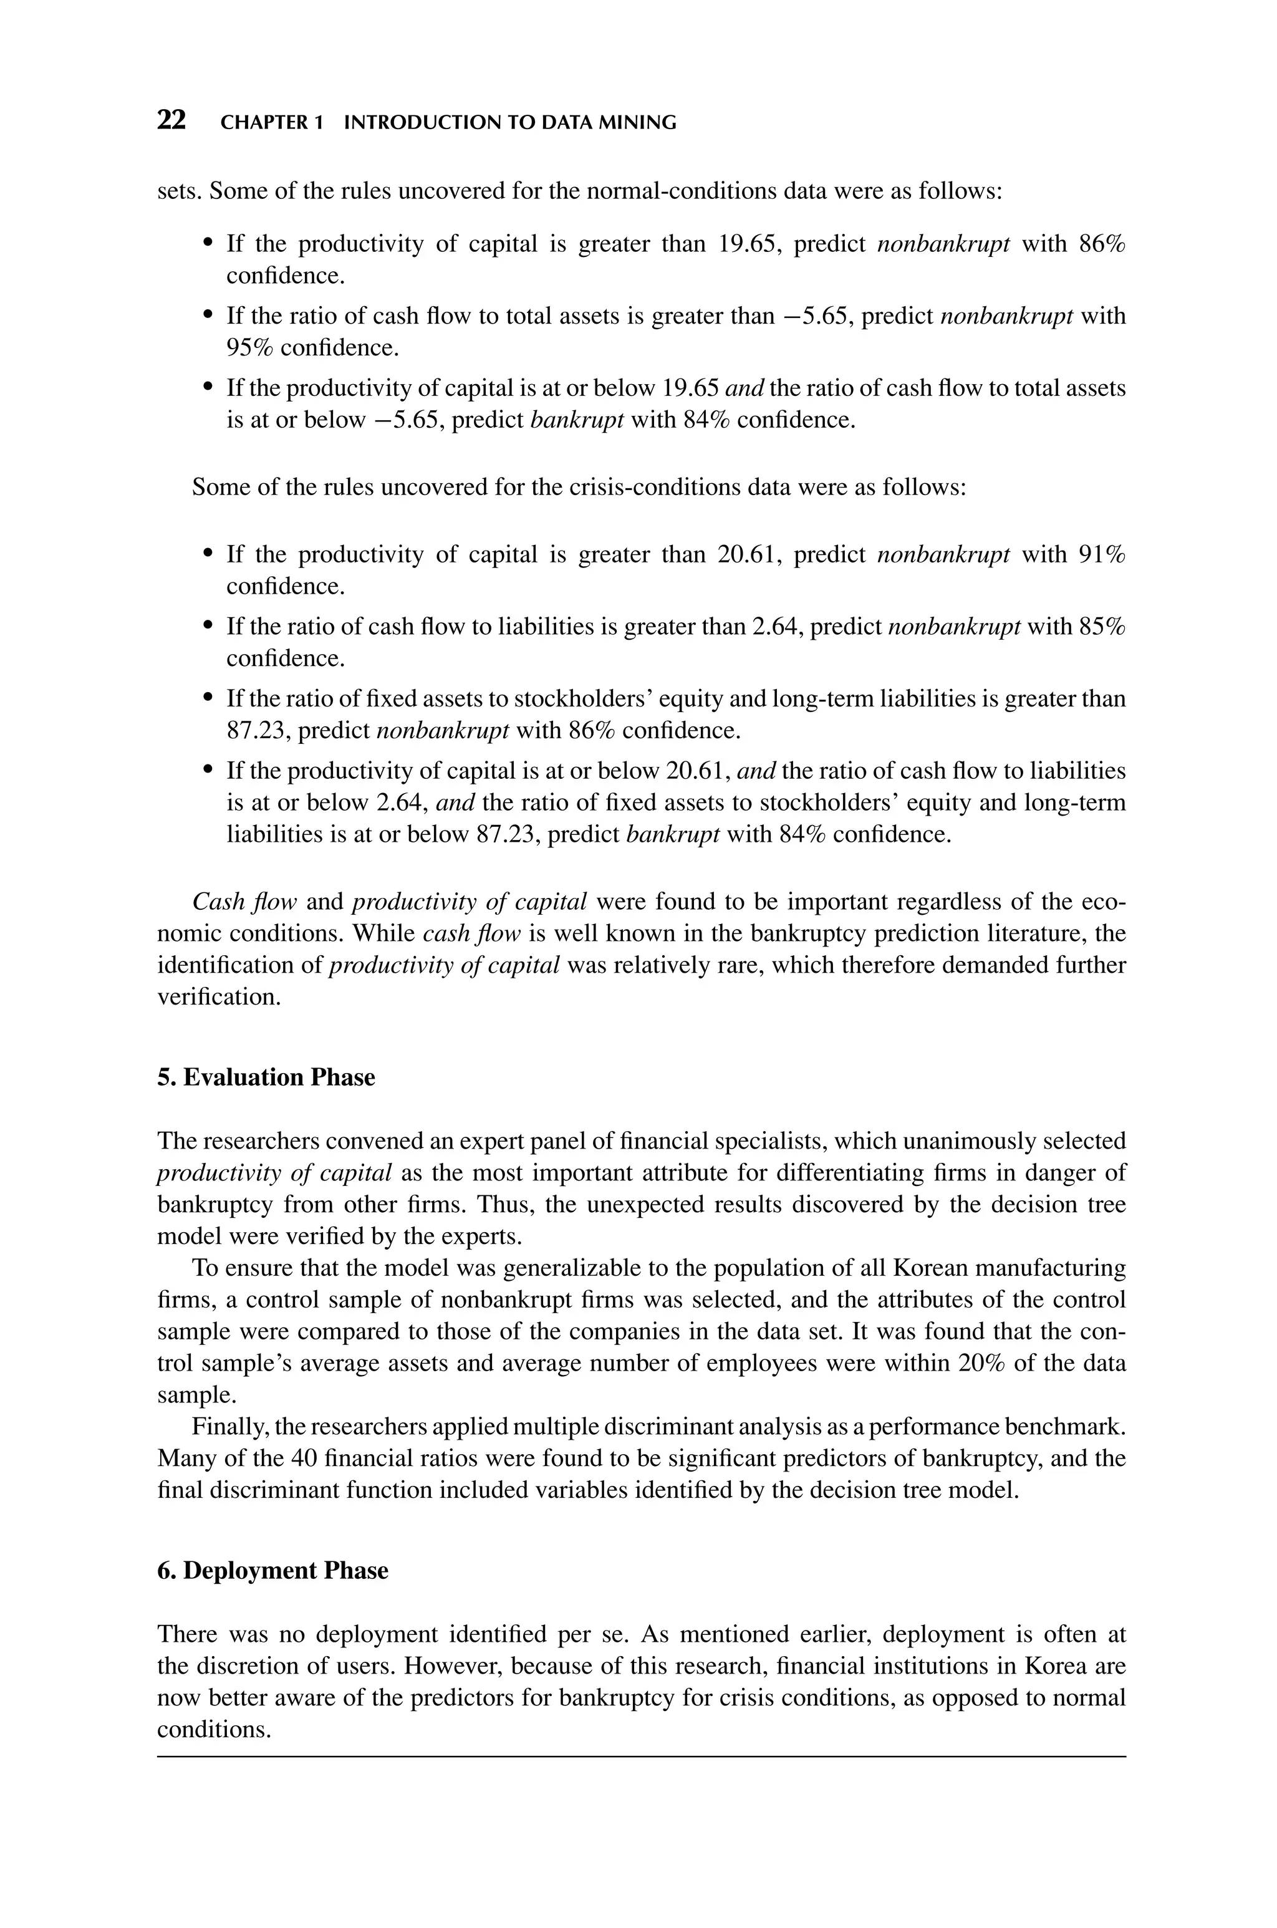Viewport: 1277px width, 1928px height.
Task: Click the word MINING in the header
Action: [641, 123]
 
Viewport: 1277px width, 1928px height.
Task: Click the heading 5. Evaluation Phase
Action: [266, 1077]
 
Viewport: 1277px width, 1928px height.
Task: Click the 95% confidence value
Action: [248, 348]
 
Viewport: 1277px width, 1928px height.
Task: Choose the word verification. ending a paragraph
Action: [218, 996]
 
